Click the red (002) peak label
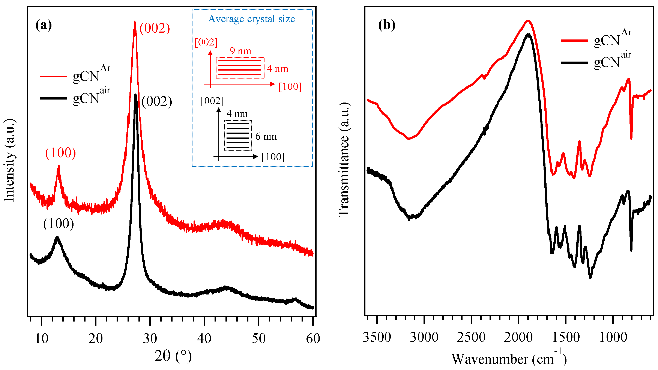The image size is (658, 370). coord(155,28)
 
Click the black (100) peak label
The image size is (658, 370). coord(59,224)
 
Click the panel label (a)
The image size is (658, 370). coord(44,25)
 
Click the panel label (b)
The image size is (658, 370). coord(386,25)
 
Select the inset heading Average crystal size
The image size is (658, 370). coord(252,19)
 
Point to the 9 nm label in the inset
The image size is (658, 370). coord(240,51)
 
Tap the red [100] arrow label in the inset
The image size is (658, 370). coord(290,87)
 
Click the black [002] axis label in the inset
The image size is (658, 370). coord(212,101)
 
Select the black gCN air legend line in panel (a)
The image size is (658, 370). coord(53,98)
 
